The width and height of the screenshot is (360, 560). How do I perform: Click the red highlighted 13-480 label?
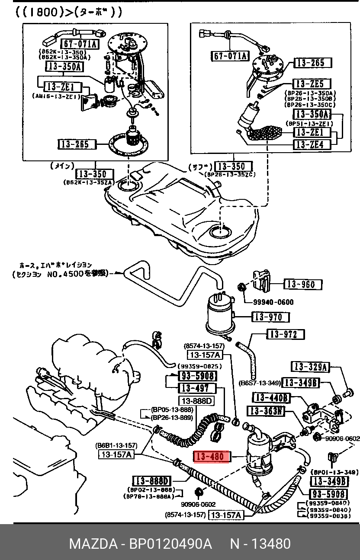210,457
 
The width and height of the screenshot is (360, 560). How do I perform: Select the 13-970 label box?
270,317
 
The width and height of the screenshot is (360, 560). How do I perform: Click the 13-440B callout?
271,397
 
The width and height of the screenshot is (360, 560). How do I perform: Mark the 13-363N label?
265,411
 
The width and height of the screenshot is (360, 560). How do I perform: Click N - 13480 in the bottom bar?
260,544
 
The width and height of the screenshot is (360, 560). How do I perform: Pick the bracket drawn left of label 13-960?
261,282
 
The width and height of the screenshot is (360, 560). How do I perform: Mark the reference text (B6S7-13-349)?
259,383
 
